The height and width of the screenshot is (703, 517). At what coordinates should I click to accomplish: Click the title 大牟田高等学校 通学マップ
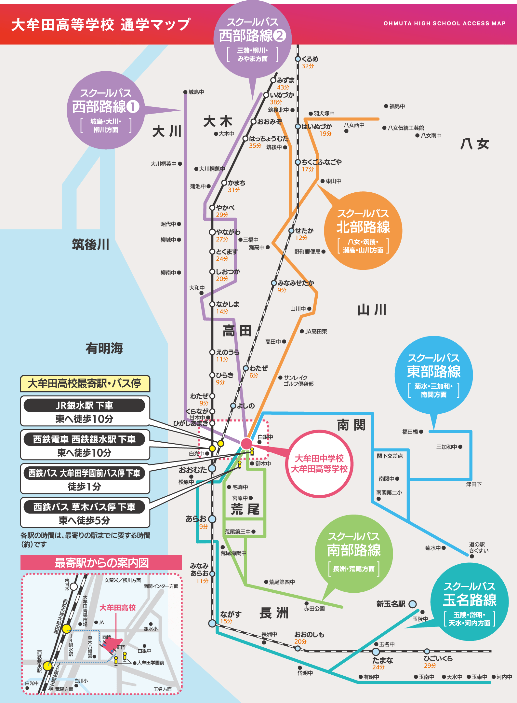[101, 25]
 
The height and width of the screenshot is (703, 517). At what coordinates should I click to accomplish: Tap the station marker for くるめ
[298, 59]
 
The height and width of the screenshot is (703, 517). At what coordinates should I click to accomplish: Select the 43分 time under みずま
[283, 87]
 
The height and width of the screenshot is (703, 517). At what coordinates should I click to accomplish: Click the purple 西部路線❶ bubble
[106, 110]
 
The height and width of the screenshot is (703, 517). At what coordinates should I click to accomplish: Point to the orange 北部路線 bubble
[363, 230]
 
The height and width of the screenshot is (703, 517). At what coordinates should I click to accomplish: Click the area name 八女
[475, 144]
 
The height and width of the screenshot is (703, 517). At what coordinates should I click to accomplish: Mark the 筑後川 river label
[91, 244]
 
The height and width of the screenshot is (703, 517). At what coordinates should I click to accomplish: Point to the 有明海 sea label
[104, 348]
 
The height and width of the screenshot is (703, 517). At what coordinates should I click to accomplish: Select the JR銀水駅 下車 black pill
[85, 406]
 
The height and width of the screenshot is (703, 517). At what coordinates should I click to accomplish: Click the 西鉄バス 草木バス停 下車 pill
[85, 507]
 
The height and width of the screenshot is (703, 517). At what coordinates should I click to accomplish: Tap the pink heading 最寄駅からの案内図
[101, 563]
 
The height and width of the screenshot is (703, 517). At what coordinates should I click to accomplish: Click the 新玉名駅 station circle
[412, 604]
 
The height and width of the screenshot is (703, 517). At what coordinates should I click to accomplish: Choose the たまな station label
[382, 660]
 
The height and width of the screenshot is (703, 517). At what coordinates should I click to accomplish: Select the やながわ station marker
[212, 232]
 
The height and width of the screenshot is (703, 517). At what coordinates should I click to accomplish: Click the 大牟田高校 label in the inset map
[117, 608]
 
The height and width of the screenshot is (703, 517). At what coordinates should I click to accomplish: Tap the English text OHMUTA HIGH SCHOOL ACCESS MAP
[444, 23]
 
